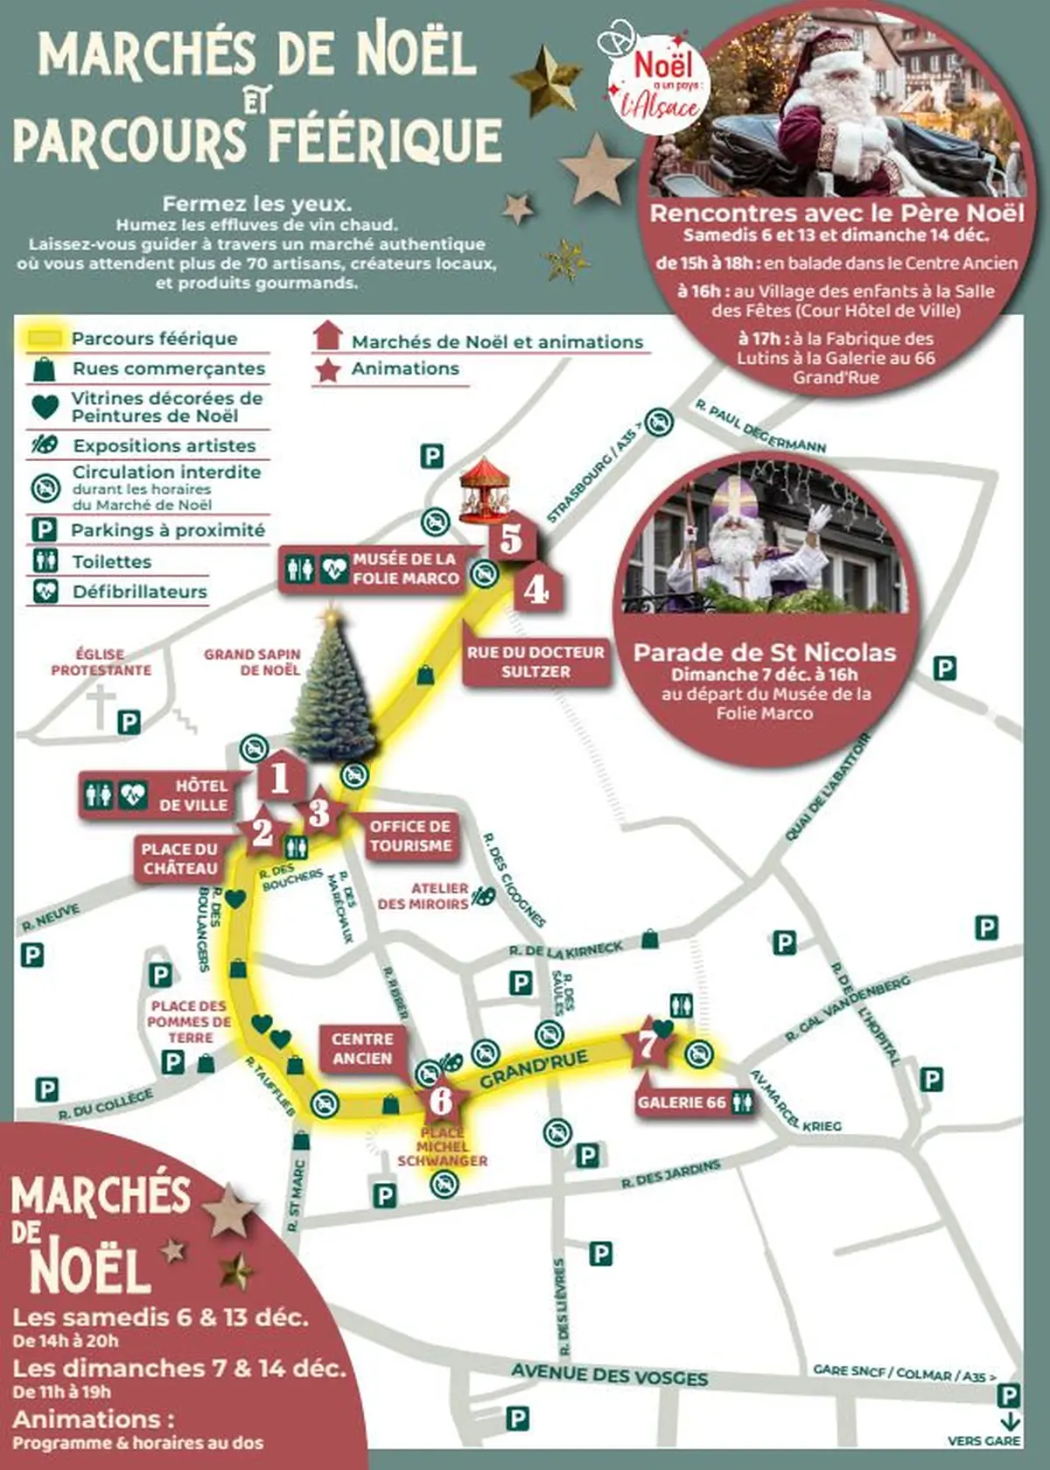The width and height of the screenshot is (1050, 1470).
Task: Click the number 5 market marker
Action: pos(511,538)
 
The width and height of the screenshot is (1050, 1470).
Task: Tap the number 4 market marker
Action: pos(535,590)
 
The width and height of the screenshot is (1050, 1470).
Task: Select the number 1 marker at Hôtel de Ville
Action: pos(280,776)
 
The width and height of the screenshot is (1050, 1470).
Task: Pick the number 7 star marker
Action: pos(647,1044)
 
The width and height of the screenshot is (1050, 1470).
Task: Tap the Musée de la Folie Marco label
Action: pos(404,569)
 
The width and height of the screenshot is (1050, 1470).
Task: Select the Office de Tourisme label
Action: pos(410,836)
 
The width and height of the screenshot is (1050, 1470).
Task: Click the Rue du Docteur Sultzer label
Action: pos(535,661)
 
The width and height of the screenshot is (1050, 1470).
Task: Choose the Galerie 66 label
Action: pos(682,1102)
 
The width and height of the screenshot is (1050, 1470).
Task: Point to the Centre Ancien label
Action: pos(362,1048)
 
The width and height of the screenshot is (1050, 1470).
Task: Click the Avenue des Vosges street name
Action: pos(610,1375)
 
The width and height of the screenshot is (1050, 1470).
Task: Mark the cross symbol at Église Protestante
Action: pos(101,705)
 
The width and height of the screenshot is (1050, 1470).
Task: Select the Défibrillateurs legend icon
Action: pos(45,591)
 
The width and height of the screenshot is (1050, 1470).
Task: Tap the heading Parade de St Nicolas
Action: pos(765,652)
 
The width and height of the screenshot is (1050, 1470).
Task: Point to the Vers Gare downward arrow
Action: pos(1010,1420)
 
